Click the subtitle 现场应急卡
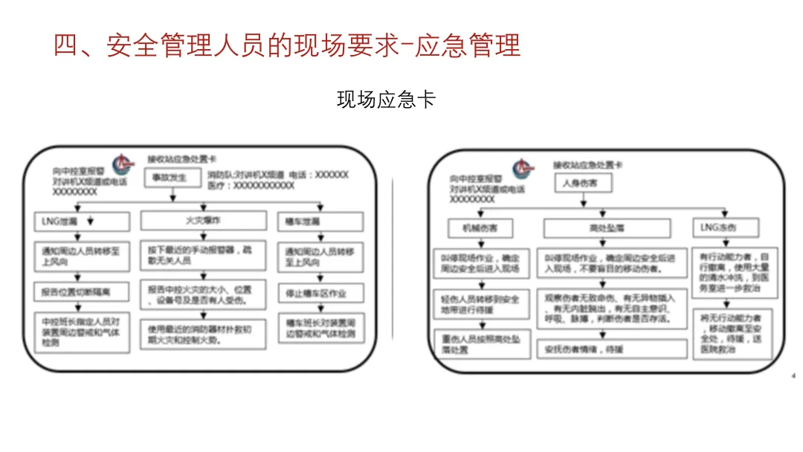(386, 100)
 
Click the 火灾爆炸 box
(202, 221)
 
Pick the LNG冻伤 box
(725, 227)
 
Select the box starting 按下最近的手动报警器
(202, 256)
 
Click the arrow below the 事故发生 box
(172, 196)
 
